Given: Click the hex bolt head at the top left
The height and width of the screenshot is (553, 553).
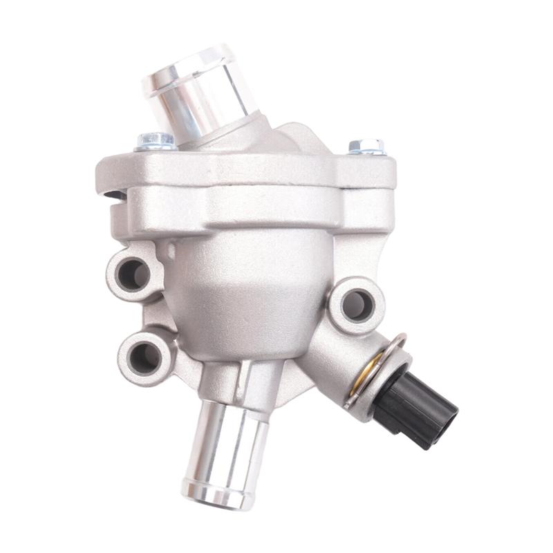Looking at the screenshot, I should (x=157, y=139).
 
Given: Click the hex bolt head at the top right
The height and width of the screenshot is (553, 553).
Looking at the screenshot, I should (x=366, y=145).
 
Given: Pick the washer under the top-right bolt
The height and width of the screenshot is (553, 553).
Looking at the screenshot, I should (x=367, y=151).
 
